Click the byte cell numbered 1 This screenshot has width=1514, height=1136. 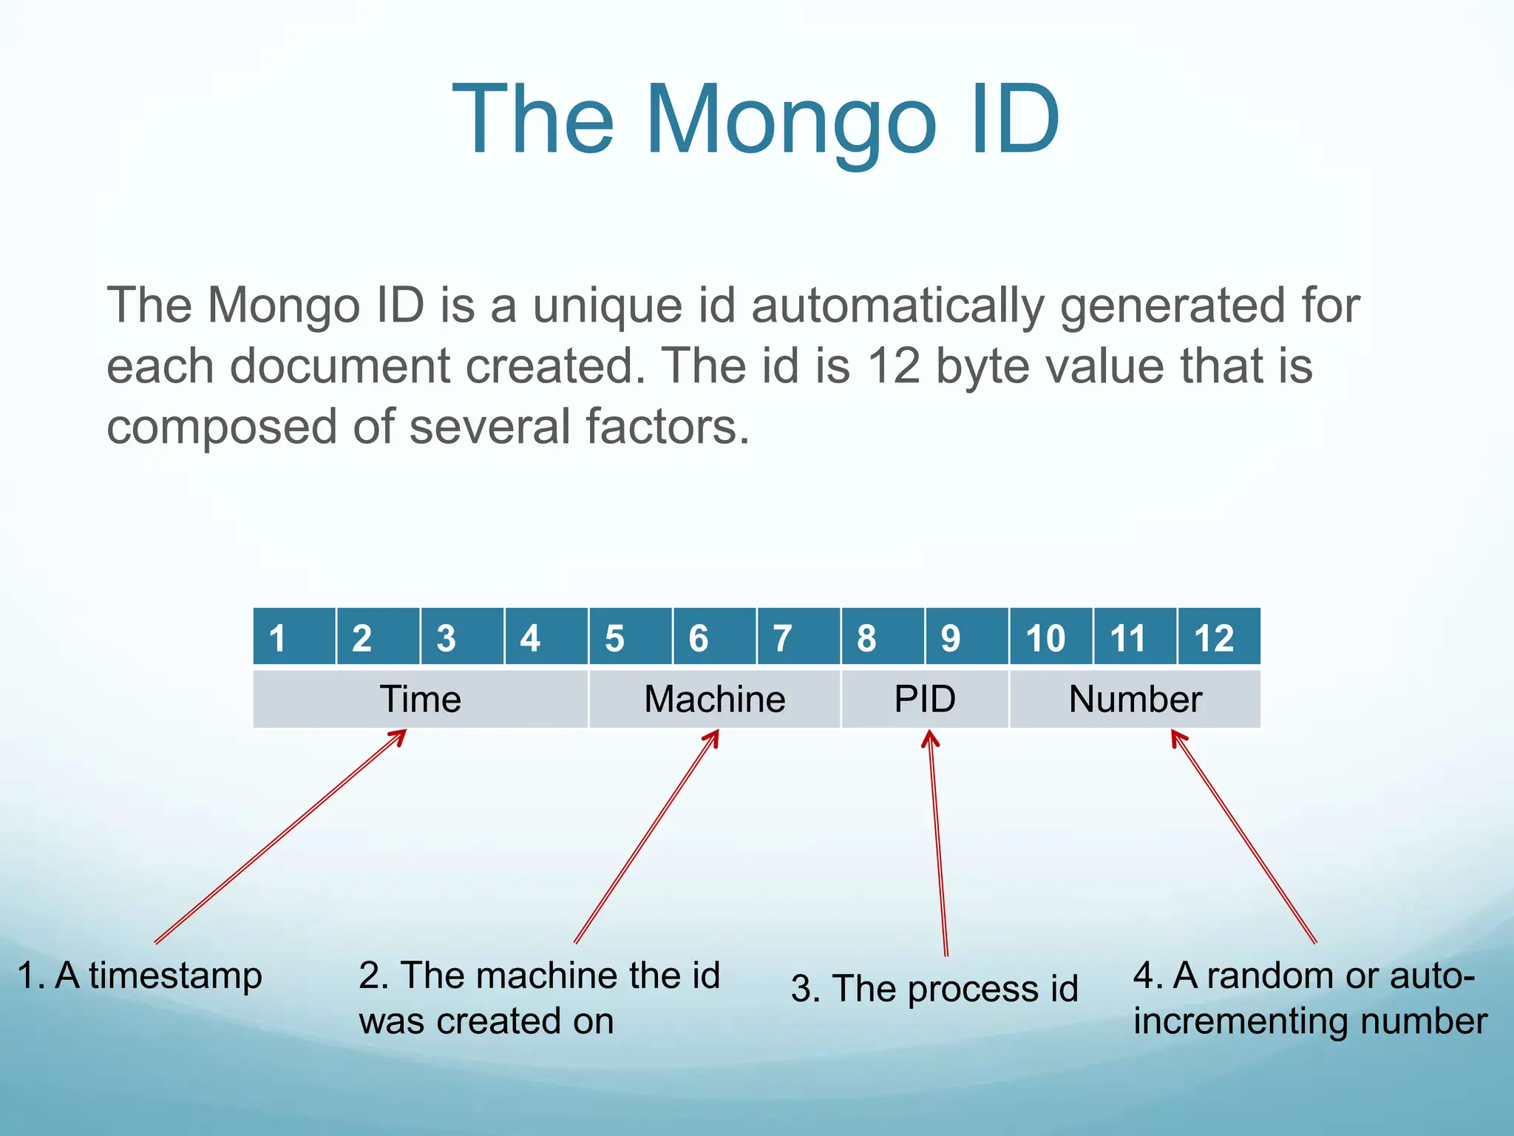[294, 637]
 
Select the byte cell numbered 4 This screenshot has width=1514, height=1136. [546, 637]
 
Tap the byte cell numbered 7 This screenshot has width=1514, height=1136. [798, 637]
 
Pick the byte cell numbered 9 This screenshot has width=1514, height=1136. [966, 637]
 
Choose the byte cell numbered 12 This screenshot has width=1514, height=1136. [1218, 637]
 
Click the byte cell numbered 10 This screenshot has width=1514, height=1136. [1050, 637]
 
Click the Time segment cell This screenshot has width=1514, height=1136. [420, 699]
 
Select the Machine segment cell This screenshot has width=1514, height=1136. [714, 699]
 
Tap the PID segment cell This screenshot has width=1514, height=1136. [925, 699]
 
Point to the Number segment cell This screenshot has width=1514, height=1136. [1135, 699]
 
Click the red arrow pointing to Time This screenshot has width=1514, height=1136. [281, 836]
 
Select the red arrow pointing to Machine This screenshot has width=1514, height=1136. [646, 836]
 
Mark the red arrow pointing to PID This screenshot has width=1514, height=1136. [938, 843]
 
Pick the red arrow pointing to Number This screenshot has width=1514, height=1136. [1244, 836]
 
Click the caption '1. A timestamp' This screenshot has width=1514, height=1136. [139, 976]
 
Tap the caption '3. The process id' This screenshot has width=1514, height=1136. [934, 989]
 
